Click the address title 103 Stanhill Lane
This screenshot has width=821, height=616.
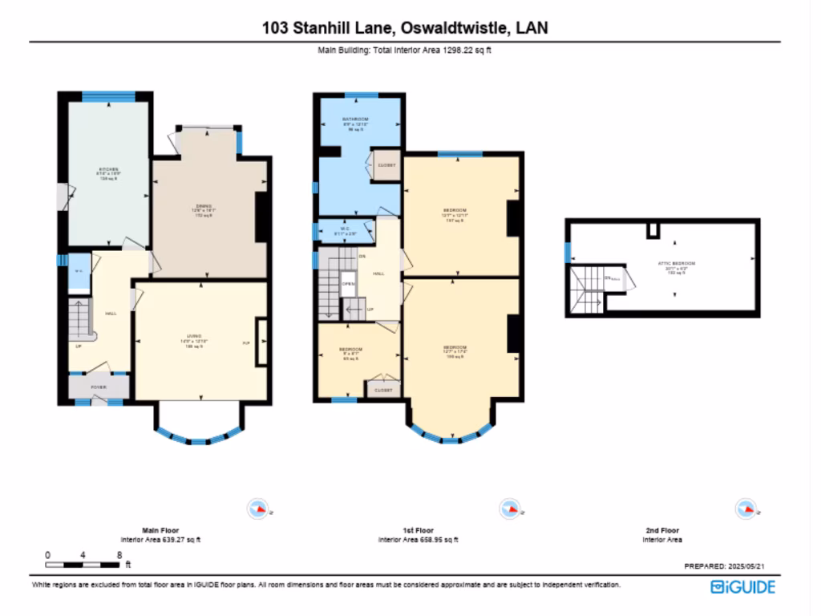point(405,28)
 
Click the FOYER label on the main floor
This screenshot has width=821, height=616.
point(98,387)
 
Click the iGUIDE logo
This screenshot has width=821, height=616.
point(742,587)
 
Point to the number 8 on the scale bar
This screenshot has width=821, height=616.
point(119,555)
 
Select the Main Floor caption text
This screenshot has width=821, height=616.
point(160,530)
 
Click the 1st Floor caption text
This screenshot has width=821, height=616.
point(418,530)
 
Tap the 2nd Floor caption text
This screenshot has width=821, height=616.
point(662,530)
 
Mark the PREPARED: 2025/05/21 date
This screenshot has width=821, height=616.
point(730,565)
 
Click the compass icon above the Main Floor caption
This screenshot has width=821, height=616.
point(258,508)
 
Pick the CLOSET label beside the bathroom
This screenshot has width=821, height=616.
point(386,167)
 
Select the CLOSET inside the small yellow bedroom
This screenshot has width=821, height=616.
point(382,390)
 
